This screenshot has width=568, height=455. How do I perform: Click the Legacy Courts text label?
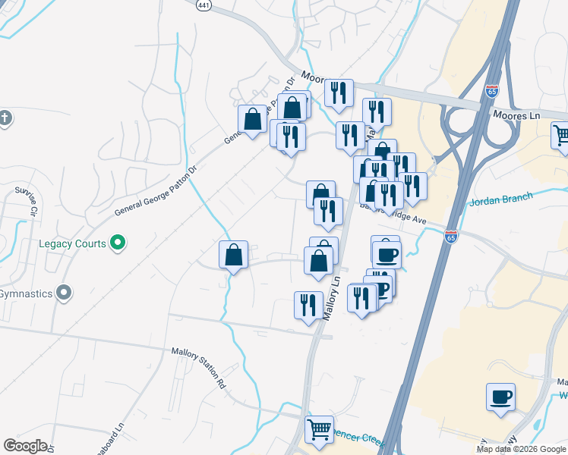coord(72,243)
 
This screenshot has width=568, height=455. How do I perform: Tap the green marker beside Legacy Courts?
coord(118,243)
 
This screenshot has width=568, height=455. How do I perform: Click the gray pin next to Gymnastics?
coord(65,292)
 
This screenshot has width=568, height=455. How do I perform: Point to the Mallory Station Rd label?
coord(198,364)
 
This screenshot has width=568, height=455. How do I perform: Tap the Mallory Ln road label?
coord(332,297)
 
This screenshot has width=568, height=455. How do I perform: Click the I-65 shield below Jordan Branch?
coord(451,237)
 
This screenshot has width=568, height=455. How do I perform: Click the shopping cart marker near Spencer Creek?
coord(319,429)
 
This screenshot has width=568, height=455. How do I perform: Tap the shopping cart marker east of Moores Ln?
coord(561,134)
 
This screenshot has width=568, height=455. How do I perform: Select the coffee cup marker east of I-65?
coord(501,397)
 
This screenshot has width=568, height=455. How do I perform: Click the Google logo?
coord(25,446)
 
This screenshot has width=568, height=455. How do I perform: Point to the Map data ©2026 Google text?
coord(521,449)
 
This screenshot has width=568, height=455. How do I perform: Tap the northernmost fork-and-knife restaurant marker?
coord(339,93)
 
